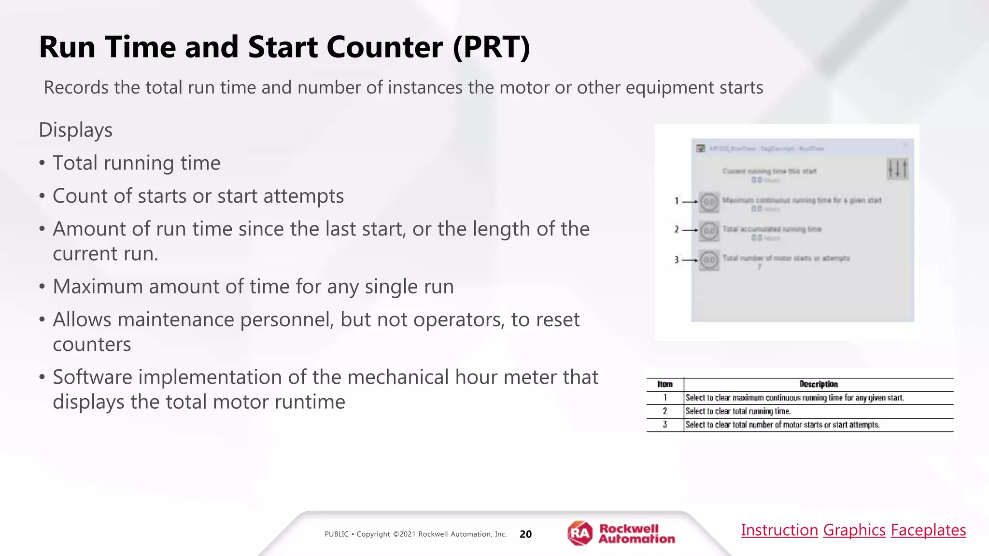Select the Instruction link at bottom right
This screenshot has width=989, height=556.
(x=779, y=530)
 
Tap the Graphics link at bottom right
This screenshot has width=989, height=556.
(x=854, y=530)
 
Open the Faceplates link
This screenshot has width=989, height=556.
(x=928, y=530)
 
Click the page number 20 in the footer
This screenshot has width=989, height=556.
(x=525, y=534)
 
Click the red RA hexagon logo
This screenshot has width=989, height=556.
(x=579, y=533)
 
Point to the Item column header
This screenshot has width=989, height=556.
(x=665, y=384)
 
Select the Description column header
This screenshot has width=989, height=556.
(x=819, y=384)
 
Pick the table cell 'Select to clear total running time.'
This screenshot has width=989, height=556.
(x=738, y=411)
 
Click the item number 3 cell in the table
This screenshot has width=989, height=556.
(x=665, y=425)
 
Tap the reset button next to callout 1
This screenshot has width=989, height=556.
(x=709, y=202)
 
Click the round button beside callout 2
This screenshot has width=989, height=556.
(x=709, y=231)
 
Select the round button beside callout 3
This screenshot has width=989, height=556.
(x=709, y=260)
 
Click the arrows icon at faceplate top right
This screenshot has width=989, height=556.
(x=897, y=169)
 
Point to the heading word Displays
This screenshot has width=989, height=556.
(x=75, y=130)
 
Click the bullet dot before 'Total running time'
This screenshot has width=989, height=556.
(x=42, y=164)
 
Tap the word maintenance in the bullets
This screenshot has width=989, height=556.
(x=176, y=320)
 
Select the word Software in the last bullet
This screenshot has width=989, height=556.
(x=92, y=377)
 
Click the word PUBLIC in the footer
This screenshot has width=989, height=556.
(x=336, y=534)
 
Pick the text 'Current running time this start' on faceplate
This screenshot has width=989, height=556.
(x=769, y=171)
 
